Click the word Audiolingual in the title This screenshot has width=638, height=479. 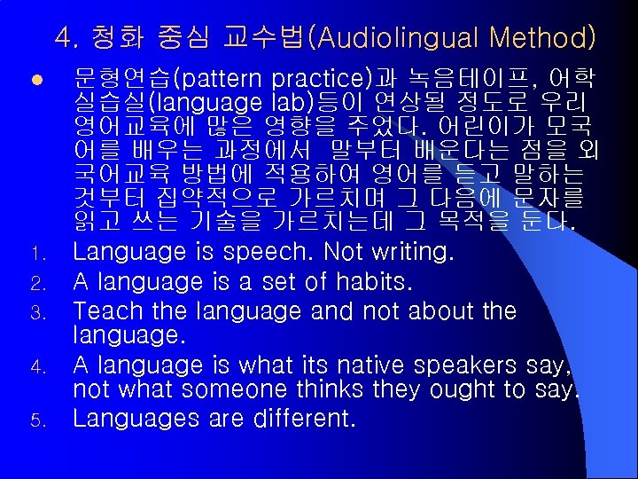click(x=407, y=38)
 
